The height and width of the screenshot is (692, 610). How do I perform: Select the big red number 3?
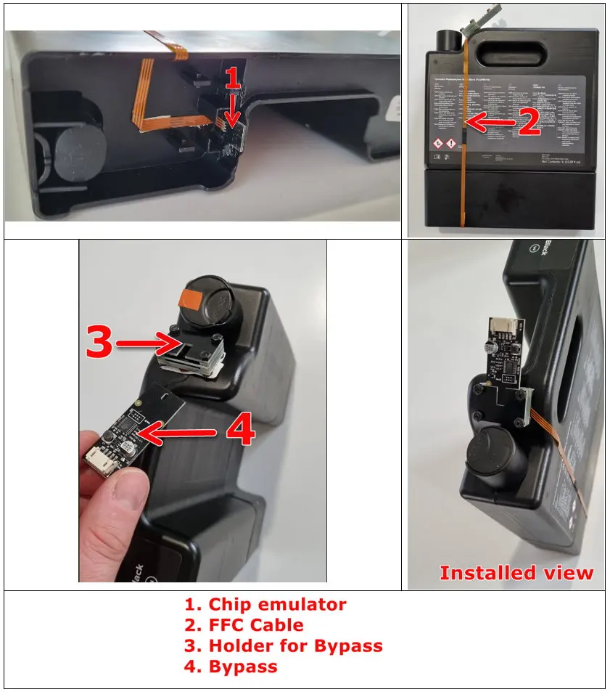pos(99,342)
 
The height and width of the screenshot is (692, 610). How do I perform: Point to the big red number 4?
pos(239,430)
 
